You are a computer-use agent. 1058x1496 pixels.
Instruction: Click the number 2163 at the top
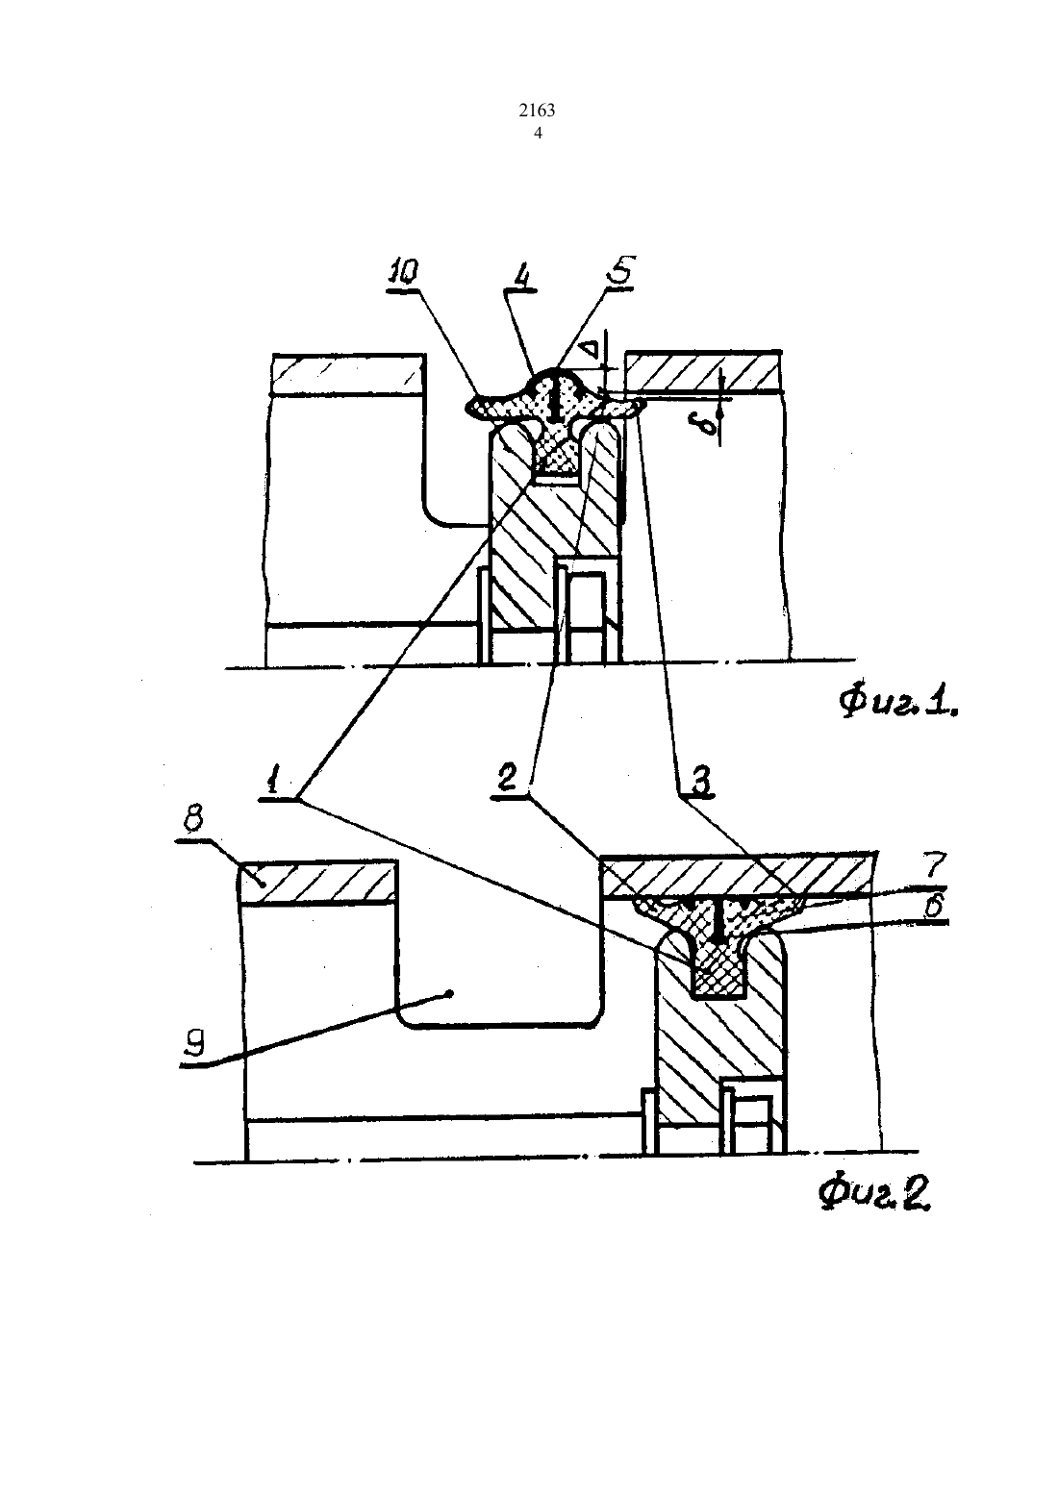pyautogui.click(x=537, y=111)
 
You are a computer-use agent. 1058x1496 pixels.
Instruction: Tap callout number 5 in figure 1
pyautogui.click(x=620, y=269)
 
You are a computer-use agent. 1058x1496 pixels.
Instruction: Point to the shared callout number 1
pyautogui.click(x=271, y=780)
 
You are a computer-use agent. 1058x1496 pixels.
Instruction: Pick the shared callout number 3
pyautogui.click(x=699, y=780)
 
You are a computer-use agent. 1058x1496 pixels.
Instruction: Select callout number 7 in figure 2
pyautogui.click(x=934, y=867)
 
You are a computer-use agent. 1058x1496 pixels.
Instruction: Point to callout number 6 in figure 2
pyautogui.click(x=934, y=906)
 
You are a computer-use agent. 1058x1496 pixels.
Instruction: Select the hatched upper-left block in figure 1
pyautogui.click(x=348, y=375)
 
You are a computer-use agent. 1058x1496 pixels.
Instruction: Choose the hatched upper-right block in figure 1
pyautogui.click(x=703, y=371)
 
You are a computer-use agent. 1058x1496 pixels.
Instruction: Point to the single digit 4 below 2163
pyautogui.click(x=538, y=133)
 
